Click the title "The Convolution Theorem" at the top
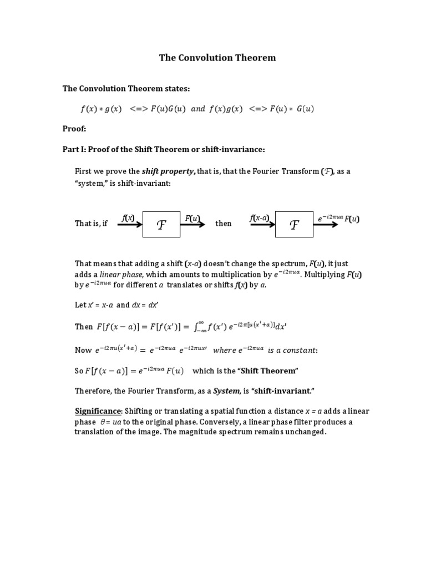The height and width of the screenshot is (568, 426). click(x=217, y=58)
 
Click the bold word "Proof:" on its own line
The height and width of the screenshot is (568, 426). click(x=74, y=129)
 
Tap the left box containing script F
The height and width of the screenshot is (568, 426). click(x=161, y=224)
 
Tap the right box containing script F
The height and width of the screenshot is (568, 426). click(x=294, y=224)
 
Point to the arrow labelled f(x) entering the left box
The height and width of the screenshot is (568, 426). click(x=129, y=225)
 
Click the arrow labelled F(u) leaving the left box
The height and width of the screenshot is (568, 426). click(x=192, y=225)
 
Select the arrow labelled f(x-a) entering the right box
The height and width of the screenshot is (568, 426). click(x=262, y=225)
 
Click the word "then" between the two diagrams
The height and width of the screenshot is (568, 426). click(x=224, y=224)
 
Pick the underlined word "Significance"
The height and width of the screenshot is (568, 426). click(x=98, y=411)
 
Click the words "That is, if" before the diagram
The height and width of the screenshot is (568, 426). click(x=91, y=224)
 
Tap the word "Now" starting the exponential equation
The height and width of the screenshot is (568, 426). click(x=83, y=351)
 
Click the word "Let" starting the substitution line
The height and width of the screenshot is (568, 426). click(x=80, y=305)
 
